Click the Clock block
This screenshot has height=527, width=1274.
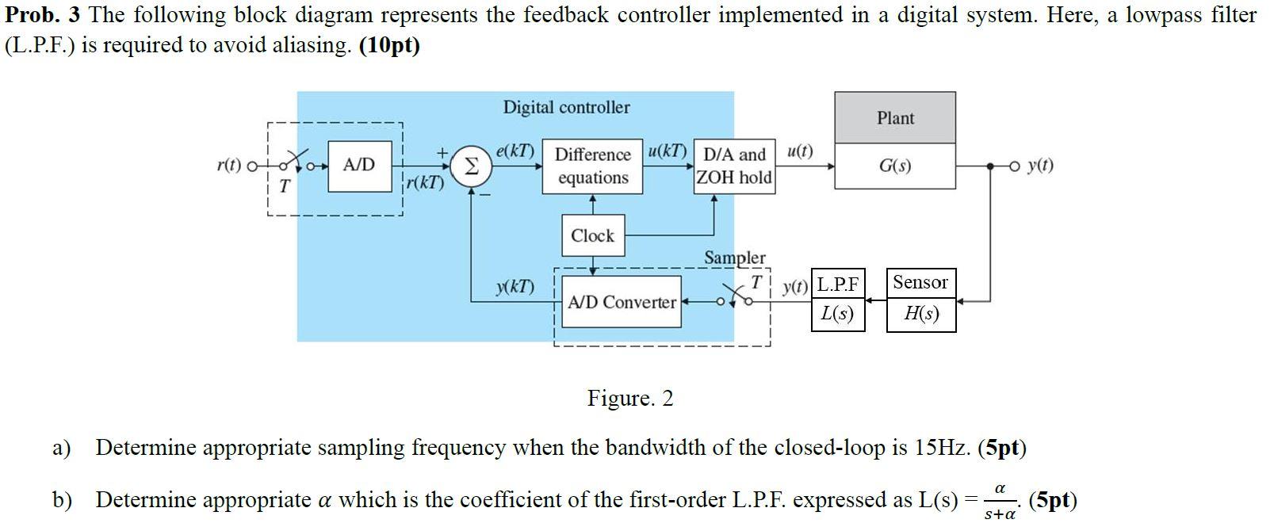coord(592,235)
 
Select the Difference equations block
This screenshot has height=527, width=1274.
coord(593,166)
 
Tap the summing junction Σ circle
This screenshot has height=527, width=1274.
coord(471,166)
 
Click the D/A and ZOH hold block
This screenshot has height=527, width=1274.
coord(734,166)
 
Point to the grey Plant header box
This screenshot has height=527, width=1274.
coord(895,118)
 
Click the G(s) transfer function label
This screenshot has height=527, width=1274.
coord(895,166)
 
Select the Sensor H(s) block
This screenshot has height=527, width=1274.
coord(920,300)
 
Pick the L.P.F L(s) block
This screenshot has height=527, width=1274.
coord(838,300)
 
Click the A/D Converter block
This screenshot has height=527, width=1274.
coord(622,302)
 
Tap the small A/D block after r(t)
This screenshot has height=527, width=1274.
coord(358,166)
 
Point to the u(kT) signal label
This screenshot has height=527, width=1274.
coord(668,151)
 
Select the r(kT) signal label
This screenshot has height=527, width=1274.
coord(425,183)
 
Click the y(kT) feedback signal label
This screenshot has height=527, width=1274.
coord(515,286)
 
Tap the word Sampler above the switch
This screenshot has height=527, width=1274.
coord(735,258)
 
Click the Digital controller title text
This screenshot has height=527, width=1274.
coord(566,107)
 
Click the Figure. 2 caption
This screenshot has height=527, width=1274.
coord(629,398)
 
